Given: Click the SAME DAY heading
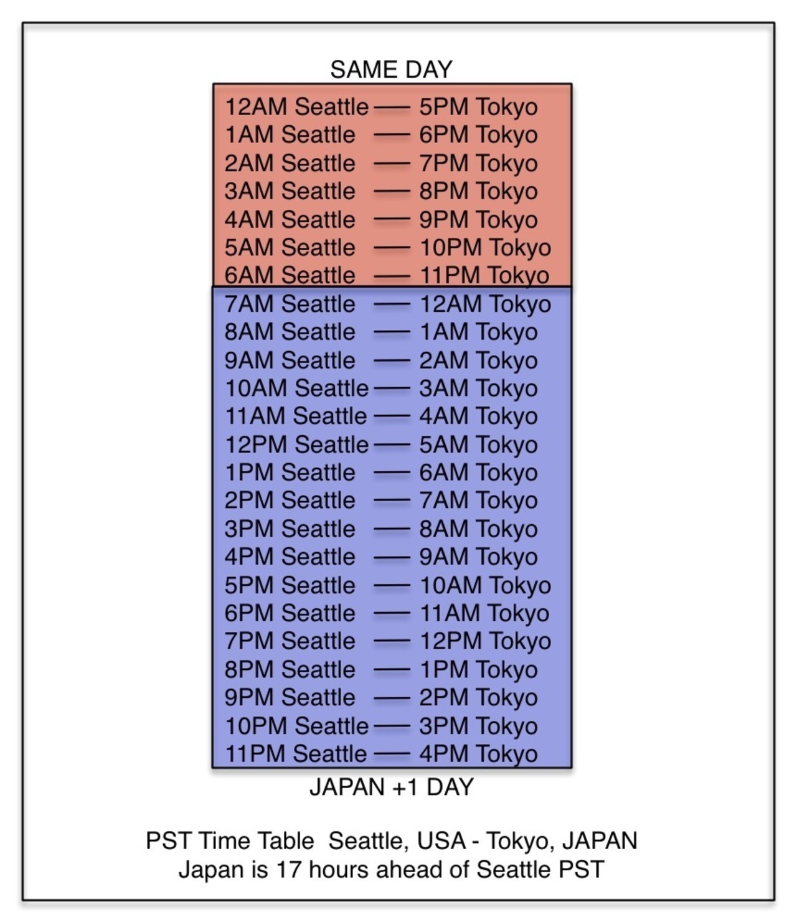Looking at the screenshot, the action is pos(391,70).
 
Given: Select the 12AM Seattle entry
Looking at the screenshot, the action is pos(297,107).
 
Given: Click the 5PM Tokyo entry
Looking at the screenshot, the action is pos(478,108).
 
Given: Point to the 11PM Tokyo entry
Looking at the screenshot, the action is pos(484,276).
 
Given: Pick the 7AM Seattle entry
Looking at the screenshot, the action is pos(290,304).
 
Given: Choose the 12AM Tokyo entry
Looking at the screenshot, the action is pos(486,305).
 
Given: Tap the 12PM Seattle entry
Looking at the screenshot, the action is pos(297,445).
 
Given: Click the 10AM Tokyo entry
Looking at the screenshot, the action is pos(486,586).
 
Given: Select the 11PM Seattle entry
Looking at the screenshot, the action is pos(296,754).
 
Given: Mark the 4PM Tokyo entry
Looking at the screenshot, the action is pos(478,755).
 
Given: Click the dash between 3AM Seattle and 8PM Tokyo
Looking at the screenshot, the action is pos(392,192).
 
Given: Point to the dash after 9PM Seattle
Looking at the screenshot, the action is pos(392,698).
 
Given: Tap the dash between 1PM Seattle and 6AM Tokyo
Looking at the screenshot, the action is pos(392,473).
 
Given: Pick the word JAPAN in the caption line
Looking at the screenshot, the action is pos(600,841).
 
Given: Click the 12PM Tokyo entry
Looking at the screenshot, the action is pos(486,642).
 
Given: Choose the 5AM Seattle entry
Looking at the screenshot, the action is pos(290,248).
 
